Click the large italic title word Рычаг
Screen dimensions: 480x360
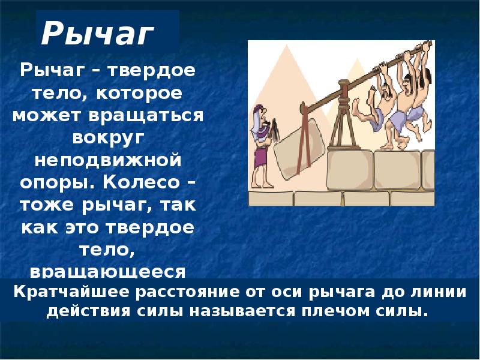(97, 34)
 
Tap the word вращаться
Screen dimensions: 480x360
(146, 116)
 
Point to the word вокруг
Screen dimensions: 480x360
(109, 138)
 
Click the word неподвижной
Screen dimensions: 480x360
(108, 160)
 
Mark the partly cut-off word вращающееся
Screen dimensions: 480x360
(108, 272)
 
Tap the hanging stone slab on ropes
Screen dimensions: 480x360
(299, 149)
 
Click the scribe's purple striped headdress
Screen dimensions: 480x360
(259, 121)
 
